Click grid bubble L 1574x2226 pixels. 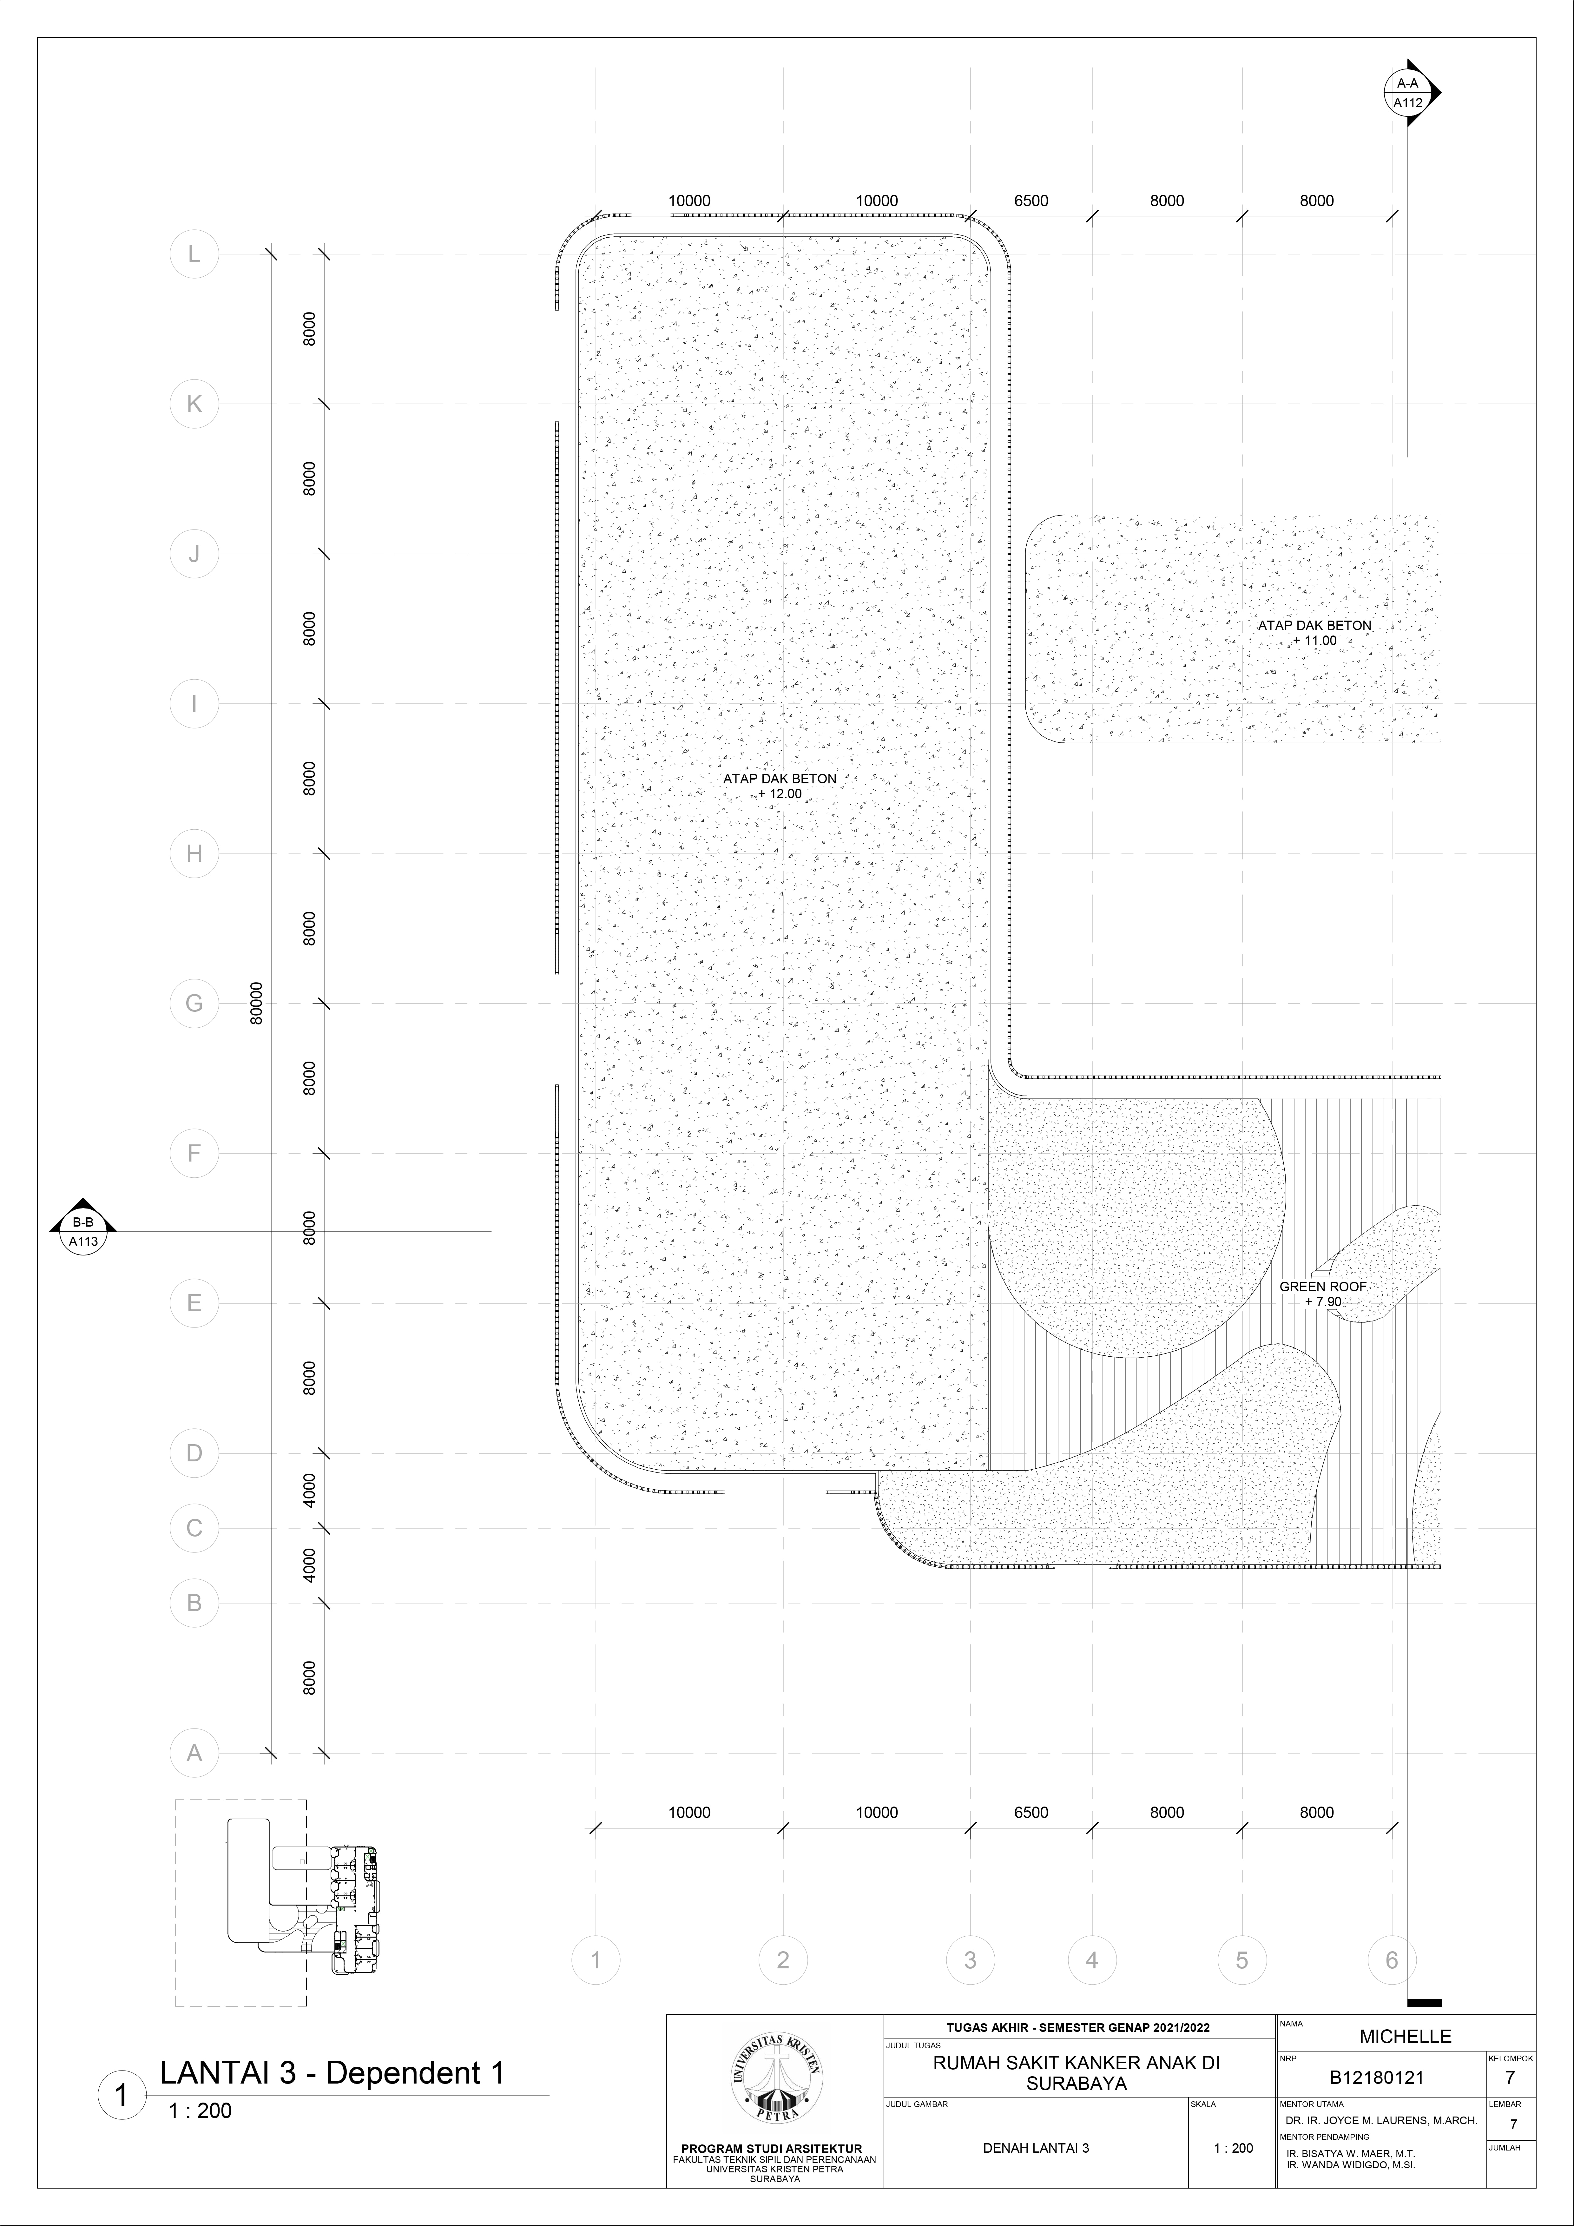coord(194,254)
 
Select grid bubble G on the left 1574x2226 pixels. coord(194,1004)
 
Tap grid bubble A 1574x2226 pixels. coord(194,1753)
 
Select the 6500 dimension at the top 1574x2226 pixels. coord(1031,201)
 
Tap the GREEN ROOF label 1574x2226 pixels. coord(1323,1287)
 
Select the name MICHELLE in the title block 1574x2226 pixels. coord(1405,2037)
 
